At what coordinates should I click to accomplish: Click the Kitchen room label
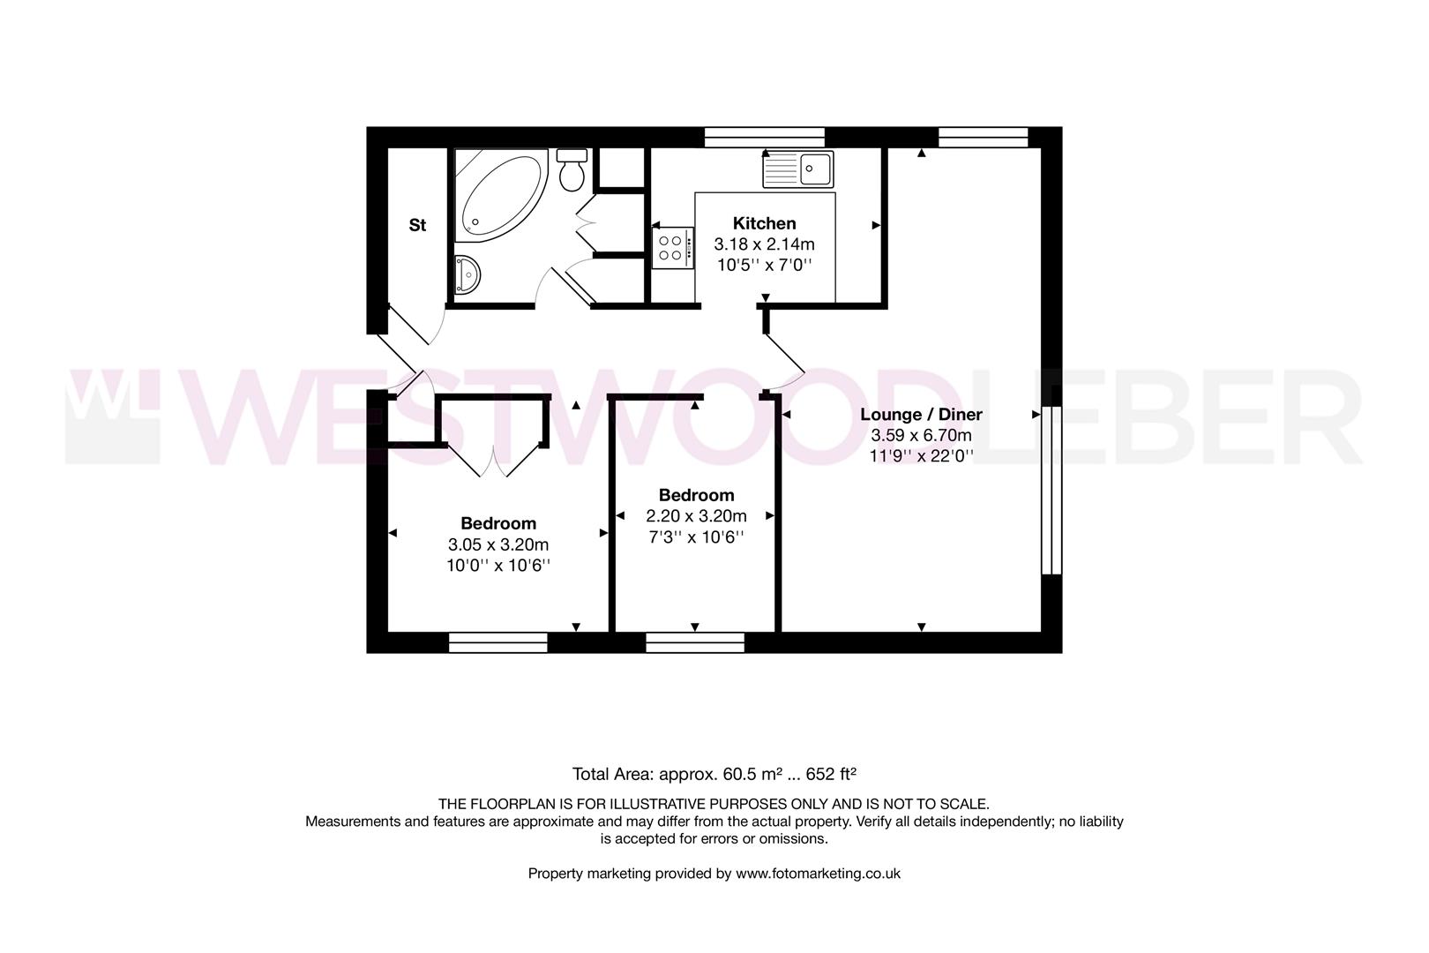coord(765,223)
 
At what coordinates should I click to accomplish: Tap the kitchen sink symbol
coord(798,169)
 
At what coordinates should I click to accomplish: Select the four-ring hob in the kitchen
coord(672,247)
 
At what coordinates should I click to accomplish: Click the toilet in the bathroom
coord(572,169)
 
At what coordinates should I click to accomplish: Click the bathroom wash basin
coord(466,274)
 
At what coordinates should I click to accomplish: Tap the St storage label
coord(417,225)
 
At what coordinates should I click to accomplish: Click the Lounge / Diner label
coord(921,414)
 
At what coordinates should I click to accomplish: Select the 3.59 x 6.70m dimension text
coord(921,435)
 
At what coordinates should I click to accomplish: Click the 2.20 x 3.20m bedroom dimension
coord(696,516)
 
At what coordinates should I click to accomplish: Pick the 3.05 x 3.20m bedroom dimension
coord(498,544)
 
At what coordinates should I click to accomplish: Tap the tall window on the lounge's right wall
coord(1051,490)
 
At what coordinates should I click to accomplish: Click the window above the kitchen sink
coord(764,137)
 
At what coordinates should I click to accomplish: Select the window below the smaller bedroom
coord(695,642)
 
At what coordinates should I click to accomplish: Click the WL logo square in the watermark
coord(112,416)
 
